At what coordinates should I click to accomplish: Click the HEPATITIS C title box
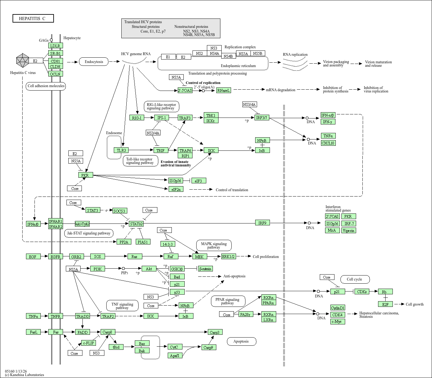33,18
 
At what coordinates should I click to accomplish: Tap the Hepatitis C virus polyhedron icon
23,60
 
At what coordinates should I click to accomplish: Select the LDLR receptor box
55,46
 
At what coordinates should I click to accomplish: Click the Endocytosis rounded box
94,62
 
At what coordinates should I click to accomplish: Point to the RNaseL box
224,90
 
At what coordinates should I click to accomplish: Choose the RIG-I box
137,118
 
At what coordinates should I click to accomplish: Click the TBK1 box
211,115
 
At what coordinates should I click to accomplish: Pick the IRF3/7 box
262,118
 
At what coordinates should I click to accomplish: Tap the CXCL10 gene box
328,143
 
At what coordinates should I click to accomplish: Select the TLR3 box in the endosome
121,150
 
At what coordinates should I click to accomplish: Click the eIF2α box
176,189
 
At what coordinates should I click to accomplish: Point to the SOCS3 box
120,211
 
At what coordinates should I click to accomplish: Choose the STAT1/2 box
136,224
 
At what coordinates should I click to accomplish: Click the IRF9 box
262,223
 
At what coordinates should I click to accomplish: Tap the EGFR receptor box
55,257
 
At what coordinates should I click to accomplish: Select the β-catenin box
206,269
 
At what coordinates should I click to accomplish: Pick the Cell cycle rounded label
354,279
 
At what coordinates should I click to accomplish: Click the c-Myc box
338,322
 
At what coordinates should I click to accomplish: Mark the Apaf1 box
175,355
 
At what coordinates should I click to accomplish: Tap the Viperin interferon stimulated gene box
349,230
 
